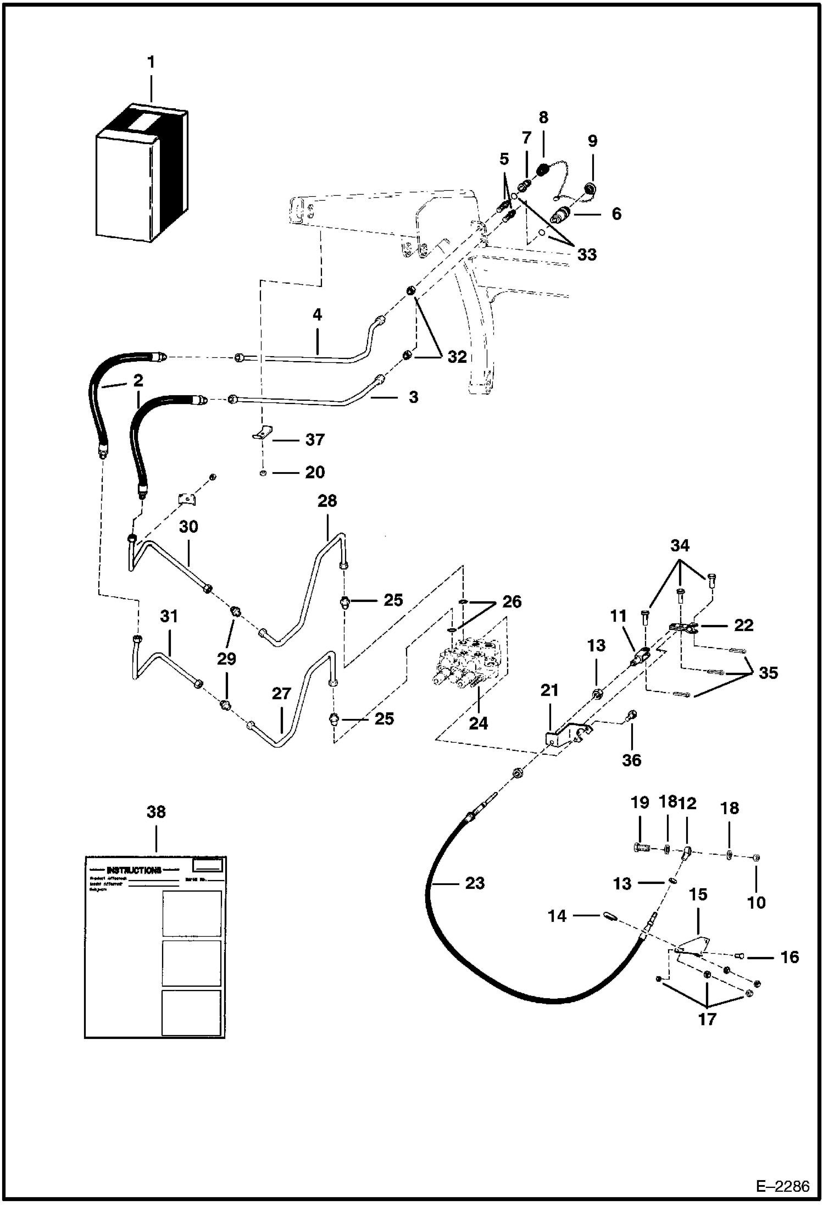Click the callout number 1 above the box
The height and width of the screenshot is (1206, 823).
tap(151, 63)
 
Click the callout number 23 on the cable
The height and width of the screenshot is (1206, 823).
tap(475, 883)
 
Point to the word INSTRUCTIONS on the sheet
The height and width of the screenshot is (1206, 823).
tap(134, 870)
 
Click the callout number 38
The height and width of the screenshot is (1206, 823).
tap(156, 811)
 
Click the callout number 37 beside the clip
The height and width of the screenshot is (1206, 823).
tap(315, 439)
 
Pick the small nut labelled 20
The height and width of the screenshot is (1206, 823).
tap(263, 473)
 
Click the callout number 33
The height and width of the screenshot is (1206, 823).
tap(586, 255)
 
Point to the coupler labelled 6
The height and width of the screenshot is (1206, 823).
tap(560, 216)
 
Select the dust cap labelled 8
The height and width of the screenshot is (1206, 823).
tap(543, 170)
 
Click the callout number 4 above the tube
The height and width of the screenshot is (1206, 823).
tap(317, 314)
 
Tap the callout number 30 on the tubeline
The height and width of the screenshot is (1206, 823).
tap(188, 527)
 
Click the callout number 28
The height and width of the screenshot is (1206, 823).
tap(327, 501)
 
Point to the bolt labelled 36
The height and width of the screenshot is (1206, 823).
tap(631, 716)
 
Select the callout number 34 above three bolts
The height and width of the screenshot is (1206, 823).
tap(680, 545)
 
